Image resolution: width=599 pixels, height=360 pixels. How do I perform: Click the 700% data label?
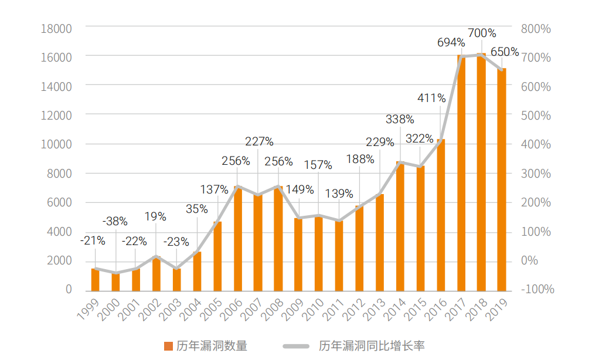482,33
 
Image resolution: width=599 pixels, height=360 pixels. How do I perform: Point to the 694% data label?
451,43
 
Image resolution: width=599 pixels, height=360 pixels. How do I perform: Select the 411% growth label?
431,98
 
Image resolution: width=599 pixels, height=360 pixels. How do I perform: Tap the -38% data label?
115,222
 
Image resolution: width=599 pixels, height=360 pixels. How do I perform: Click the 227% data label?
259,141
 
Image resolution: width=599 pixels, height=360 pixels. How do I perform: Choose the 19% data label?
156,216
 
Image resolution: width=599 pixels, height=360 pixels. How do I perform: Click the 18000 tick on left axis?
56,28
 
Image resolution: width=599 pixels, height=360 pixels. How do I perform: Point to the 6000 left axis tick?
59,202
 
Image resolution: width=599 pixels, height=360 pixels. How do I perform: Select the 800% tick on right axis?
536,28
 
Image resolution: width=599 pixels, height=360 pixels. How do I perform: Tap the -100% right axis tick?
537,290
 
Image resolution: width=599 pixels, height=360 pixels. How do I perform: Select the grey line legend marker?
297,346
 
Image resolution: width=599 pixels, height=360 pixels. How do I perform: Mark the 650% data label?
505,52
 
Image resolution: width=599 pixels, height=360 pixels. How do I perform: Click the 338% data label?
400,120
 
